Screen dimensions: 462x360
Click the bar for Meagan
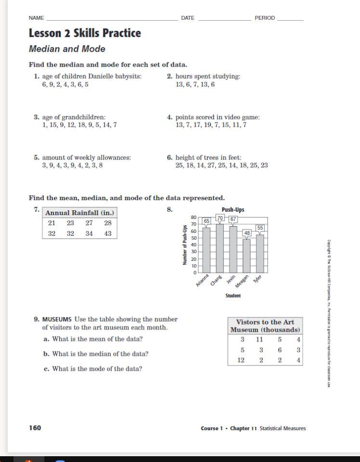coord(246,256)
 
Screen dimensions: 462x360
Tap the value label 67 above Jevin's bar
coord(233,219)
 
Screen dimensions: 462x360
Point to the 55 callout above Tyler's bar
coord(260,228)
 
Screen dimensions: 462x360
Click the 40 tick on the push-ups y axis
coord(194,245)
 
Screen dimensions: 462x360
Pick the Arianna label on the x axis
coord(202,281)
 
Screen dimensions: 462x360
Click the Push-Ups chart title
coord(233,210)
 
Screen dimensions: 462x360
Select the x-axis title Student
coord(233,296)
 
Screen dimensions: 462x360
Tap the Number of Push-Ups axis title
coord(185,245)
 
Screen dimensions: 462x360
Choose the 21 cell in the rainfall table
coord(52,223)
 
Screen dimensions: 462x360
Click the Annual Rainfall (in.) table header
coord(80,213)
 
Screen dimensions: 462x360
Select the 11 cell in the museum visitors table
coord(261,340)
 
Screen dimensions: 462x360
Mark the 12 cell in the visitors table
coord(241,360)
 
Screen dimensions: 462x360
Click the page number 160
coord(35,428)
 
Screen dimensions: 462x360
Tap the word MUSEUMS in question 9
coord(57,319)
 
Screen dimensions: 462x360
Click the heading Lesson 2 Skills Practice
coord(85,33)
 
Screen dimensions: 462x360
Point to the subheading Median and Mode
coord(67,49)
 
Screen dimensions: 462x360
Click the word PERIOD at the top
coord(265,18)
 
